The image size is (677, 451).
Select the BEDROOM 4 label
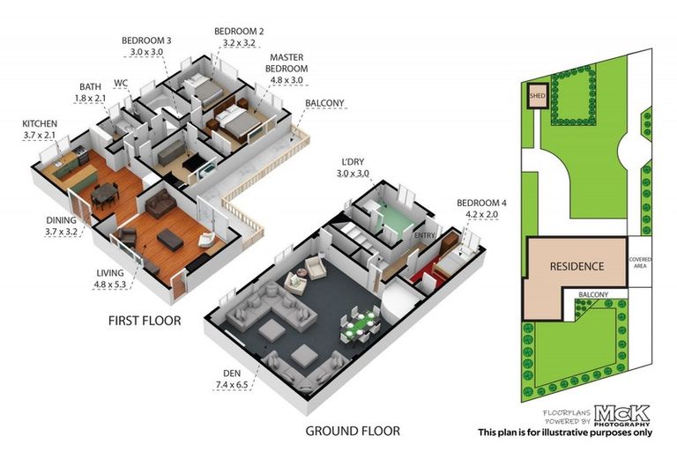481,204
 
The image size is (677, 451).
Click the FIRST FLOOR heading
145,321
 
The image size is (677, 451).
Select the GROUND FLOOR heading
353,431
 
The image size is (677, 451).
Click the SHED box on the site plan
536,96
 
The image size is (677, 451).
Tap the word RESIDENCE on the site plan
577,266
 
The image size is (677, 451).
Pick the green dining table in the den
360,325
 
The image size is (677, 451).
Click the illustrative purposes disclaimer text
564,432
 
